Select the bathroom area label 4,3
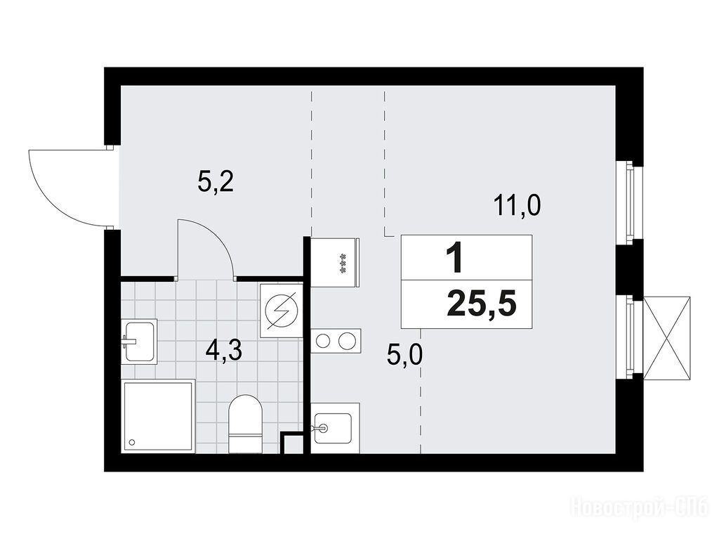(x=224, y=352)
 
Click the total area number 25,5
(x=482, y=304)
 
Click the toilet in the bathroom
(x=245, y=424)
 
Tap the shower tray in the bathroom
(x=158, y=416)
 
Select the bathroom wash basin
(x=140, y=342)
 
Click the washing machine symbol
(x=281, y=311)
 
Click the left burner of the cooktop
(x=323, y=341)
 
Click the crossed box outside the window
(x=667, y=338)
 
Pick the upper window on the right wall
(x=630, y=200)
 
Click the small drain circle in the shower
(x=133, y=443)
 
